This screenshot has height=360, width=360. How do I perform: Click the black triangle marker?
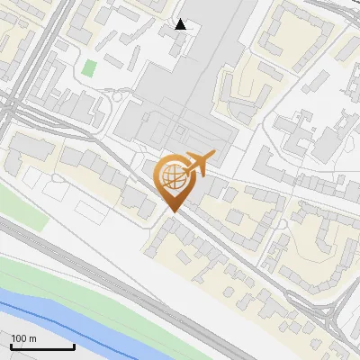(x=181, y=24)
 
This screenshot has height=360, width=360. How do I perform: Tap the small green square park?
(x=88, y=67)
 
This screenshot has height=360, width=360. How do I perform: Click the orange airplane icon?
(x=199, y=163)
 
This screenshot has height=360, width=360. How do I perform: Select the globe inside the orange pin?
(x=172, y=175)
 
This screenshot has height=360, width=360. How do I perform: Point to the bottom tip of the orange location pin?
(x=172, y=211)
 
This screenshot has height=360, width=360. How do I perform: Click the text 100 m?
(x=23, y=338)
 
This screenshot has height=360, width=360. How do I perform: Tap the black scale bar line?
(x=42, y=347)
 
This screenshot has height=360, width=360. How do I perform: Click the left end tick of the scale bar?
(x=11, y=346)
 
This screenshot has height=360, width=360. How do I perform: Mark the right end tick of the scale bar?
(x=74, y=346)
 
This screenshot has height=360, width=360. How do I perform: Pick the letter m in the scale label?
(x=31, y=338)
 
